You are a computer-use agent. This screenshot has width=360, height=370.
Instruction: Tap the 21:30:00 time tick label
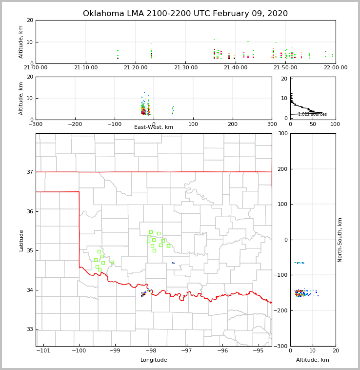tap(185, 68)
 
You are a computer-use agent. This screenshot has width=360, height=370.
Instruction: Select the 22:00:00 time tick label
tap(336, 68)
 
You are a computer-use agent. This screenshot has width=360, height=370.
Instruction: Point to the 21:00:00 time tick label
tap(36, 68)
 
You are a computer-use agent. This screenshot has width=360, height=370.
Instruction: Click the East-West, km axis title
tap(154, 127)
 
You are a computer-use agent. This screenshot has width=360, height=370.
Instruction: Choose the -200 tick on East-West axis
tap(75, 124)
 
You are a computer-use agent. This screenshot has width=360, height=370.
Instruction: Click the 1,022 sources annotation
tap(312, 114)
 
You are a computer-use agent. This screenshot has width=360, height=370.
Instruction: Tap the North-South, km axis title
tap(340, 240)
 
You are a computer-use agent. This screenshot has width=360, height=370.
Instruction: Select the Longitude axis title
tap(154, 360)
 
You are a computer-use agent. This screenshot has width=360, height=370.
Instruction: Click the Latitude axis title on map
tap(21, 240)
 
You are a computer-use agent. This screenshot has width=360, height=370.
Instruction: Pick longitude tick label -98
tap(151, 351)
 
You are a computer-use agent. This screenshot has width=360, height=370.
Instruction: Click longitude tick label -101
tap(43, 351)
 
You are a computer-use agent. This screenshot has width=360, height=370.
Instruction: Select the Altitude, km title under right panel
tap(313, 360)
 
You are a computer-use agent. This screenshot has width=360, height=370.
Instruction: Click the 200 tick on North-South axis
tap(282, 169)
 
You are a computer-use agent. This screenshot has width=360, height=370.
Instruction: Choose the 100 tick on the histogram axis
tap(335, 124)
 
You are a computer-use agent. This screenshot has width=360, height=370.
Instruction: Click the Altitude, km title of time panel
tap(21, 42)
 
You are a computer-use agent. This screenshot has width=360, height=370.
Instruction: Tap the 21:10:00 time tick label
tap(86, 68)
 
